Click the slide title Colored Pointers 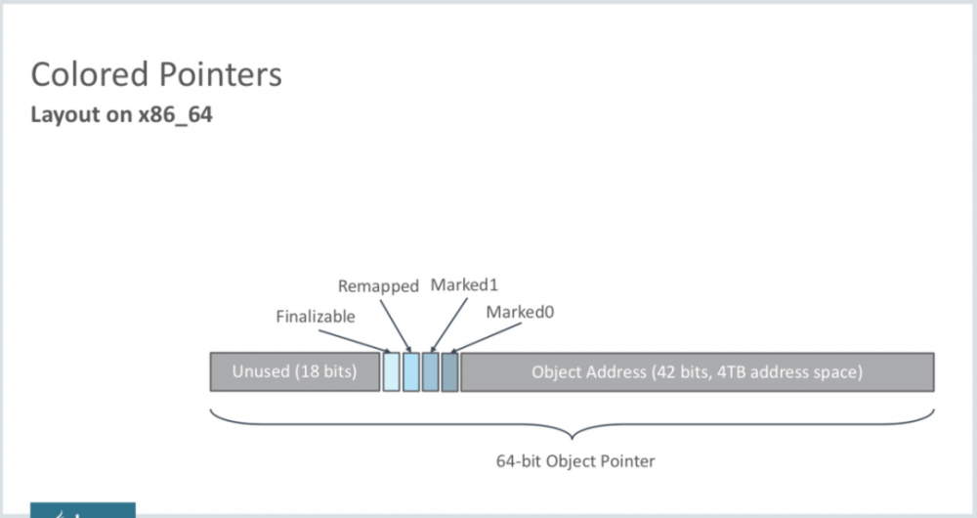(x=156, y=75)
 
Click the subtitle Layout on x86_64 (x=122, y=115)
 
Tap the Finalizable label (x=316, y=317)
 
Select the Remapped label (x=378, y=286)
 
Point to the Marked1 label (x=464, y=285)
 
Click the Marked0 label (x=519, y=313)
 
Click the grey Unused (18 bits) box (x=294, y=372)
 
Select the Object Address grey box (x=697, y=372)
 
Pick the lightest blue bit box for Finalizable (x=391, y=372)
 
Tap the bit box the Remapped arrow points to (x=410, y=372)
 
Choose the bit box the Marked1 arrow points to (x=430, y=372)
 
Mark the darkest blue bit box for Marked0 (x=449, y=372)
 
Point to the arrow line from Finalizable (x=369, y=339)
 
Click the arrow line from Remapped (x=395, y=322)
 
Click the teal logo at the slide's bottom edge (x=82, y=510)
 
